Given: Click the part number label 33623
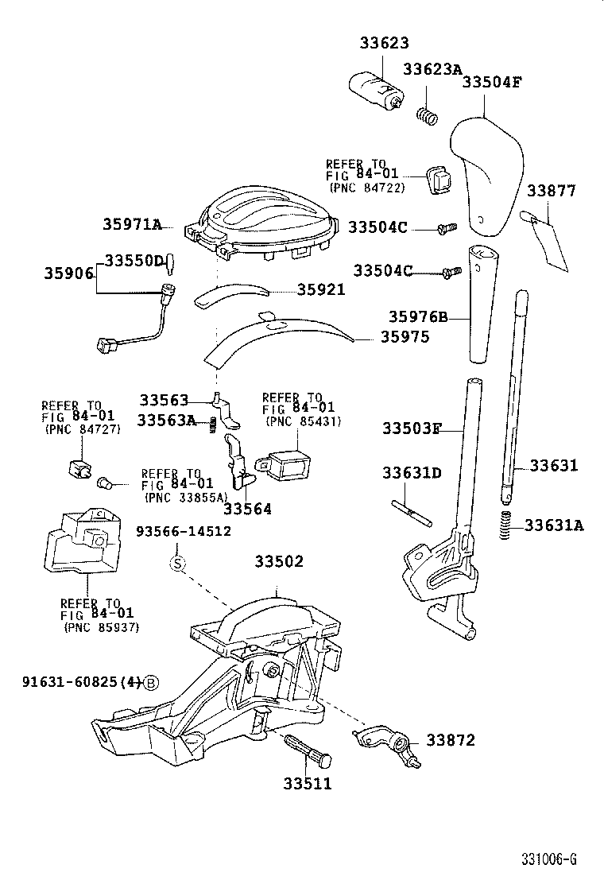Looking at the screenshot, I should pos(383,42).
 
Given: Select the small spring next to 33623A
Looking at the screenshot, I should pos(428,115).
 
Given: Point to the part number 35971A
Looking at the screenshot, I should pos(132,225).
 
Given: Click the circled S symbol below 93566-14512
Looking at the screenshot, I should pos(178,564).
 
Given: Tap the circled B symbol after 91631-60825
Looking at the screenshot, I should pos(151,681).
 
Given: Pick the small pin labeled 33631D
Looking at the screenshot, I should pos(411,510).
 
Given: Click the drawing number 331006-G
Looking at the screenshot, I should pos(548,859).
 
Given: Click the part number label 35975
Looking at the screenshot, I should pos(404,336).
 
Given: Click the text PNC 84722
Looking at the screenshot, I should pos(367,188).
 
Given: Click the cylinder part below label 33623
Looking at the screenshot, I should pos(377,89).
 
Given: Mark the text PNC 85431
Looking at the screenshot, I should pos(304,421).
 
